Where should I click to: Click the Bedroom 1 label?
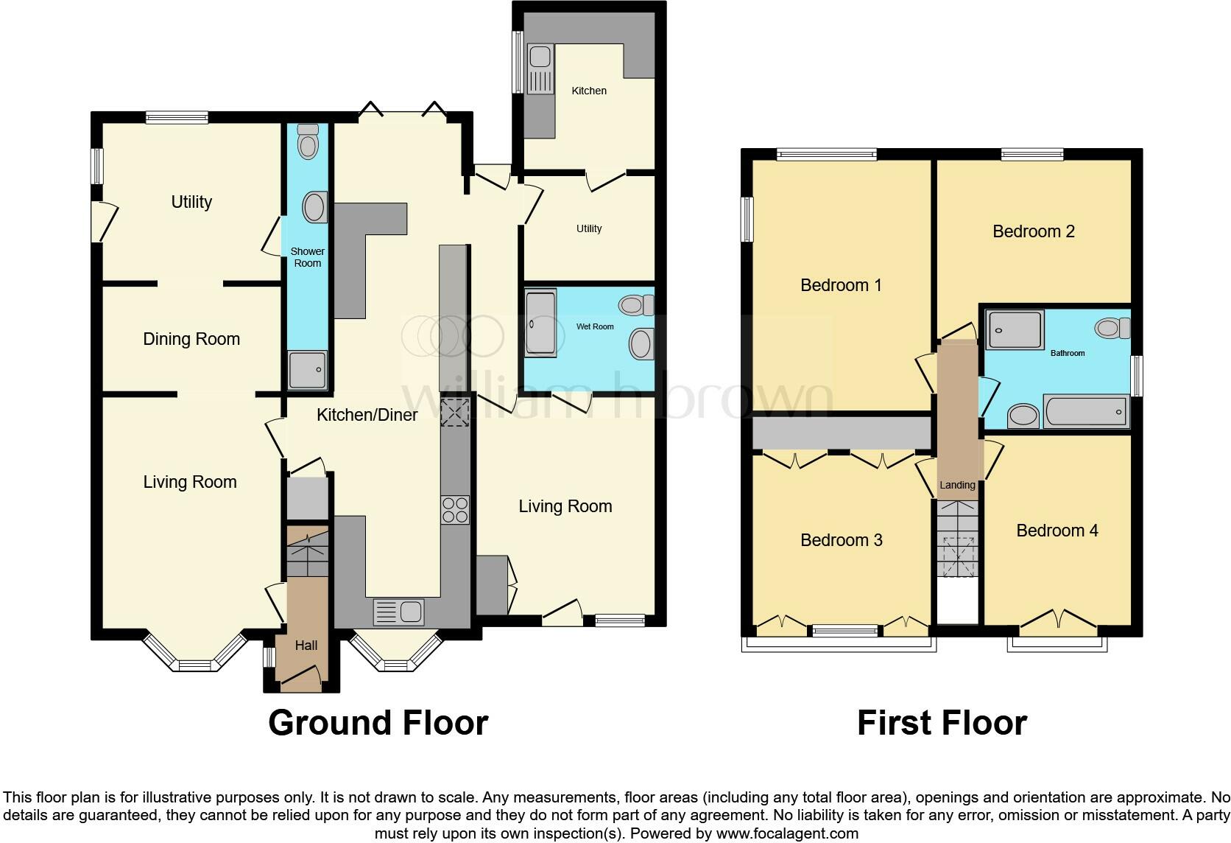(841, 285)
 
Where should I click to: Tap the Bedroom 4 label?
(1057, 531)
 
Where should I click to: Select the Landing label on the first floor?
(956, 485)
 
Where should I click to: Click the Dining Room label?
(191, 339)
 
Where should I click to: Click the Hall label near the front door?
(306, 646)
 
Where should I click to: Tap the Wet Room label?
(595, 326)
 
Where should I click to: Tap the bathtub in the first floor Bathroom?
(1086, 410)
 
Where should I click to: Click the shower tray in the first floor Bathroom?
(1015, 329)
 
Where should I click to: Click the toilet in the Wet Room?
(638, 304)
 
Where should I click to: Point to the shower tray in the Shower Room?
(307, 370)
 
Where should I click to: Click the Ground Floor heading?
(378, 723)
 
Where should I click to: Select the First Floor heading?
(941, 723)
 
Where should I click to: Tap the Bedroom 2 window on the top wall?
(1031, 154)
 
